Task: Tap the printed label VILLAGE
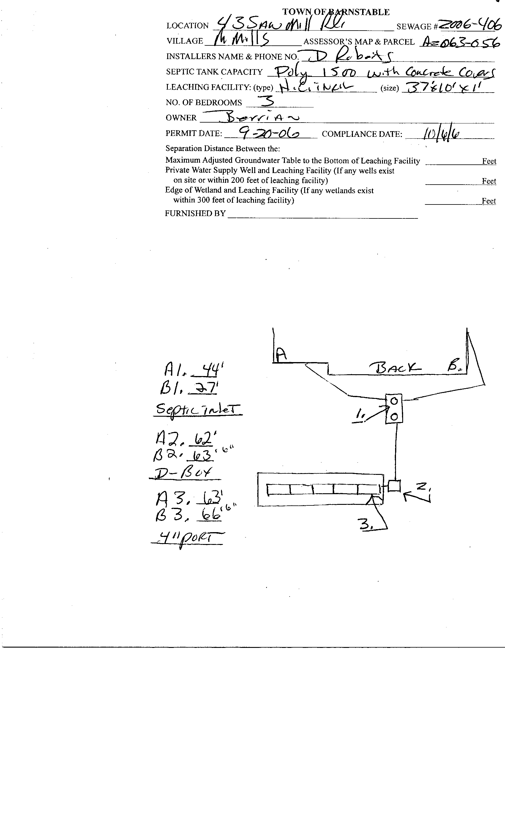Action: (185, 41)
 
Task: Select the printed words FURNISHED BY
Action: (195, 213)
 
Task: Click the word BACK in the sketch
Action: (395, 367)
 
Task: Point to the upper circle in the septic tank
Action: (394, 401)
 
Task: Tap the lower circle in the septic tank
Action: (394, 417)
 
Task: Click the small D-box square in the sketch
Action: (394, 486)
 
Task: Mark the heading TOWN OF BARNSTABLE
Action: (336, 12)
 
